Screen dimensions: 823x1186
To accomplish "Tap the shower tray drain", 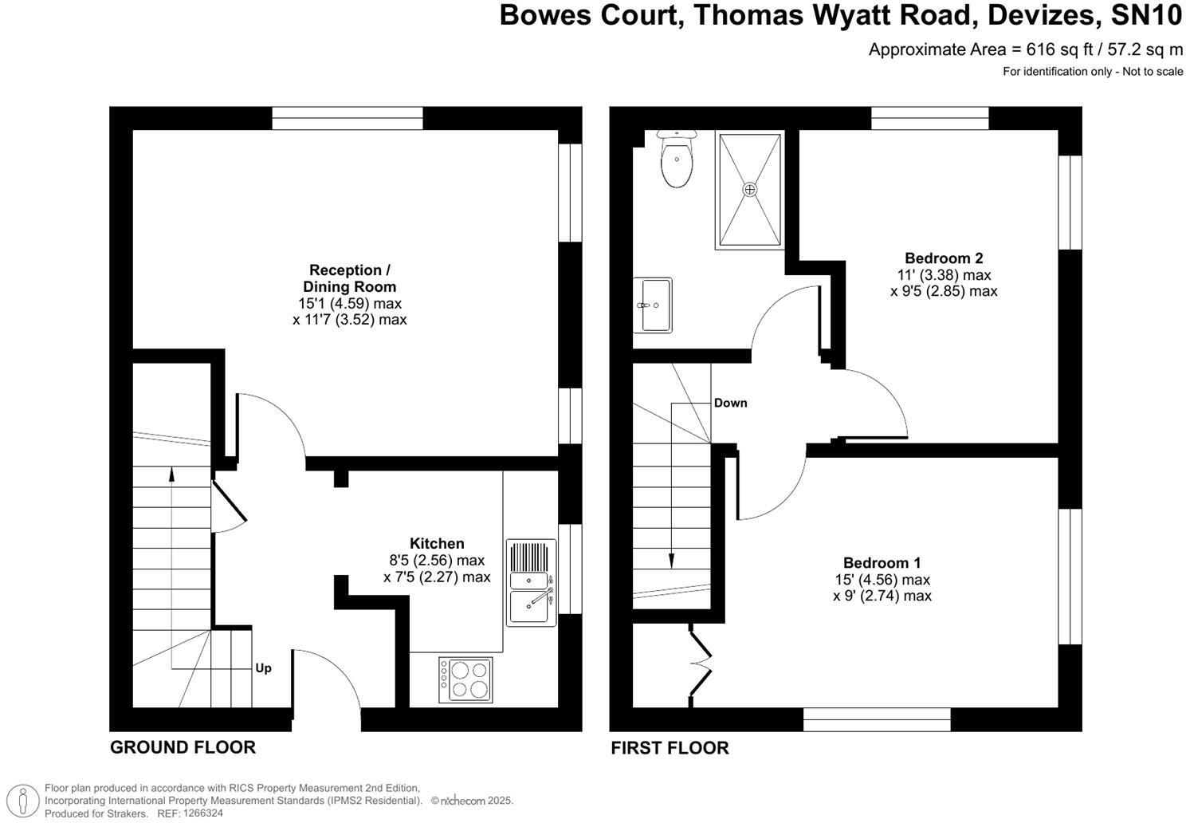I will (749, 189).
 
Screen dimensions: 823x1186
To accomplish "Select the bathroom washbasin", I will (652, 304).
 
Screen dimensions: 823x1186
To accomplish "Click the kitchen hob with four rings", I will (465, 679).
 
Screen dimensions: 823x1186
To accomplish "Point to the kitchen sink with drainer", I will (531, 582).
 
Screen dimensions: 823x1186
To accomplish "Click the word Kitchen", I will (437, 543).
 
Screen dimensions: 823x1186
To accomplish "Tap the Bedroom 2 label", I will (944, 258).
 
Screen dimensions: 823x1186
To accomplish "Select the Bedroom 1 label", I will (882, 562).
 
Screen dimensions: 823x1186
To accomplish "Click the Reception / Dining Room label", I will (349, 278).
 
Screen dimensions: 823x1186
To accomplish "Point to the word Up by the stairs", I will (263, 668).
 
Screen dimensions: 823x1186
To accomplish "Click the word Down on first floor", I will (730, 403).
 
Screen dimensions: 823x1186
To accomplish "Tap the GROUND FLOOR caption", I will (183, 747).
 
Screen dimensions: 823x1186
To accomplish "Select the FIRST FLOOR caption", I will (670, 748).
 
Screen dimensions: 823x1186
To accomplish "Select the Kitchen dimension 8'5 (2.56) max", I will (437, 560).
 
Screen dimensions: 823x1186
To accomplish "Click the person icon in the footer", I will (27, 800).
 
